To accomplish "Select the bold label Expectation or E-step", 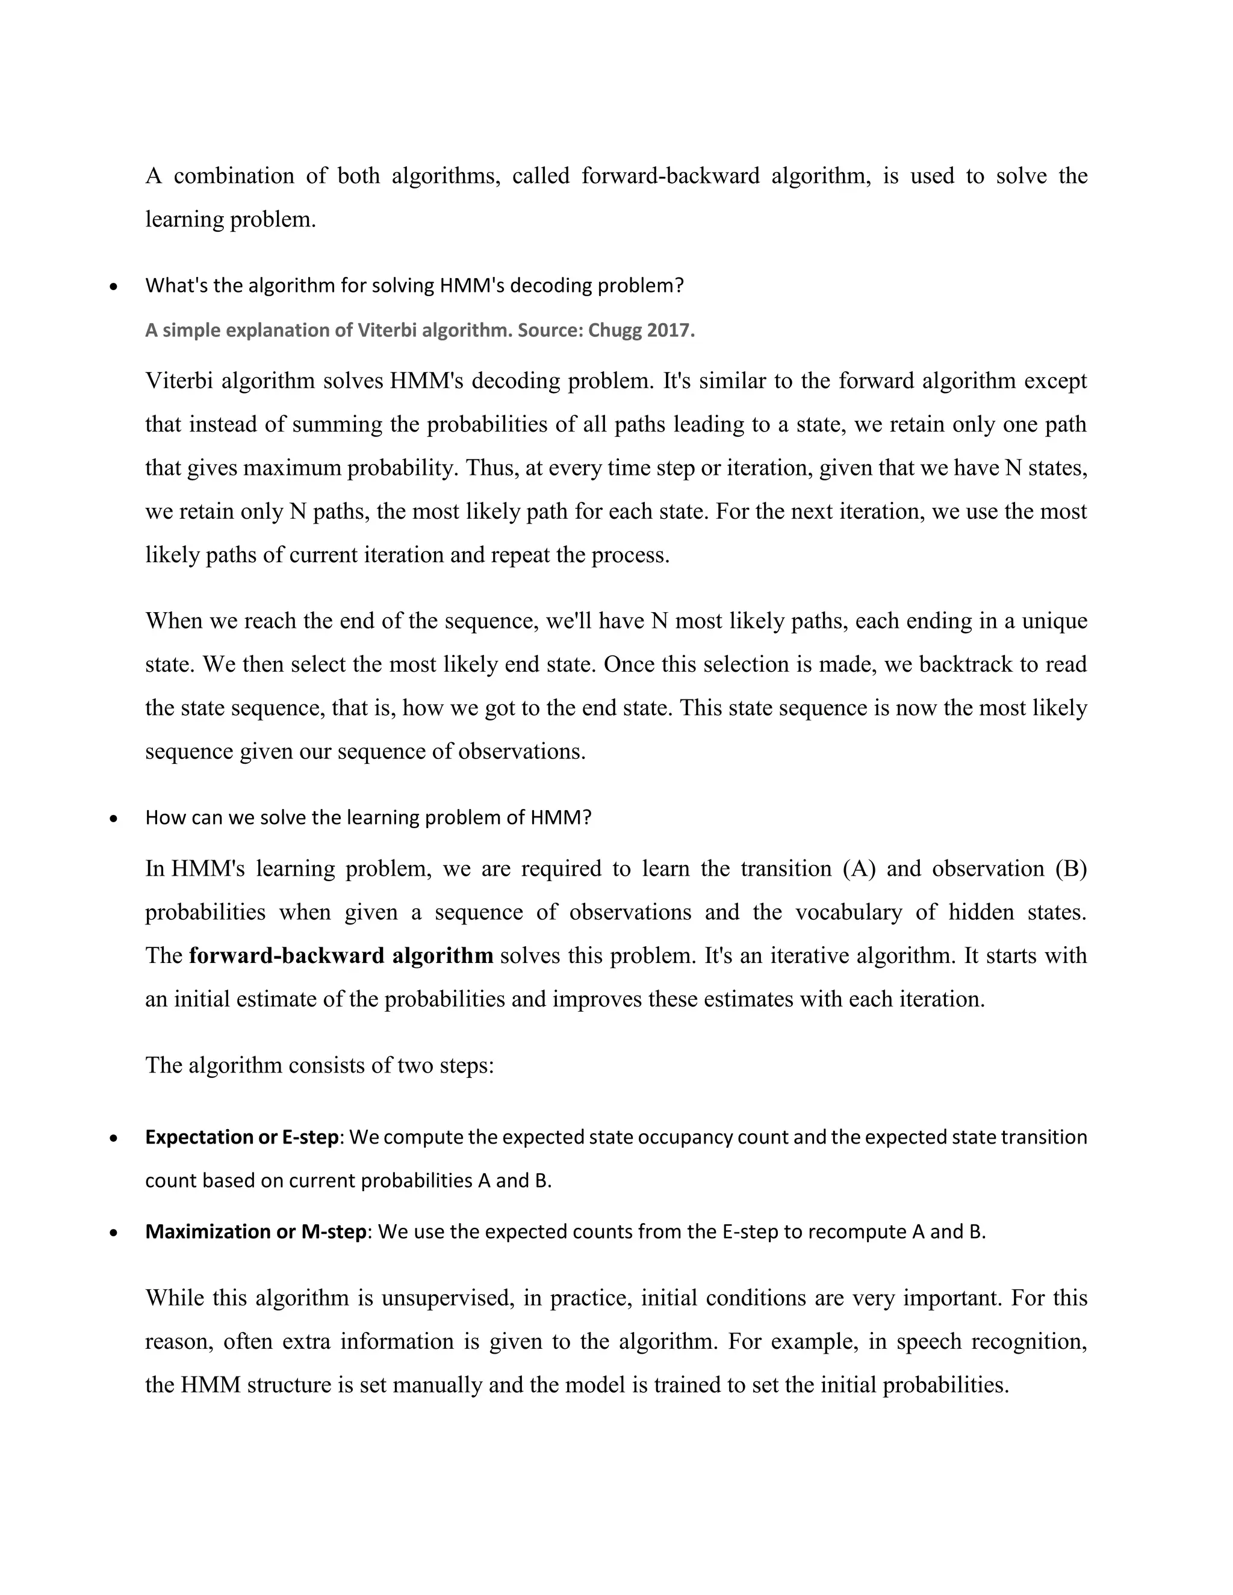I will click(242, 1137).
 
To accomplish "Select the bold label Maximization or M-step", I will click(255, 1232).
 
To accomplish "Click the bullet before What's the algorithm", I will click(113, 287).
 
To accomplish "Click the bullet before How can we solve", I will click(113, 819).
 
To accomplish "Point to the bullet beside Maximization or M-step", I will click(113, 1233).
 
